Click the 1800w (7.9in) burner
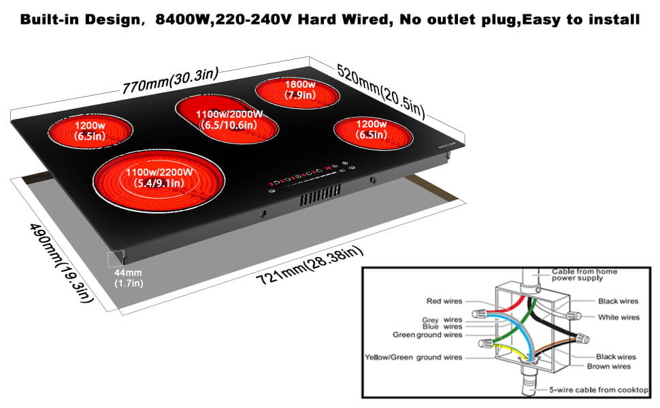pos(297,93)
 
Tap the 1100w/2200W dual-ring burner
pos(159,181)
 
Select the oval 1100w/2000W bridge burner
pos(227,119)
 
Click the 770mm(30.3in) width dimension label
pos(170,81)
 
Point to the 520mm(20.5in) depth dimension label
pos(380,90)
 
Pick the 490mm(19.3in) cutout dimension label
pos(61,262)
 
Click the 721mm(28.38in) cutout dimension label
pos(310,265)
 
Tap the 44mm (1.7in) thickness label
pos(129,278)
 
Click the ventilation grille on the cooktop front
pos(320,196)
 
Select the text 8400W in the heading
pos(182,19)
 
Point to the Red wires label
pos(444,301)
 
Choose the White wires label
pos(618,317)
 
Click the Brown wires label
pos(609,367)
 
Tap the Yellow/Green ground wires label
pos(413,357)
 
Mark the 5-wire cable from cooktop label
pos(599,390)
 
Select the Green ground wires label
pos(427,335)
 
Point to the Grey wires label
pos(442,320)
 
